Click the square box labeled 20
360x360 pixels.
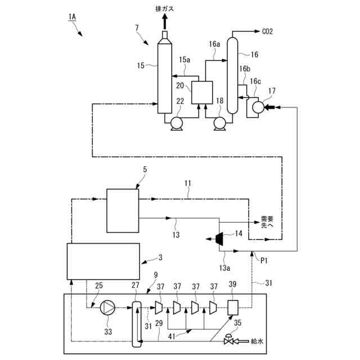(201, 92)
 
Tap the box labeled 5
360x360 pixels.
(122, 210)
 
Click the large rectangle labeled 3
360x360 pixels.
(103, 260)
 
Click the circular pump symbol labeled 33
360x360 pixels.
(107, 308)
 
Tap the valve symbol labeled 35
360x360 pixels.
(229, 340)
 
